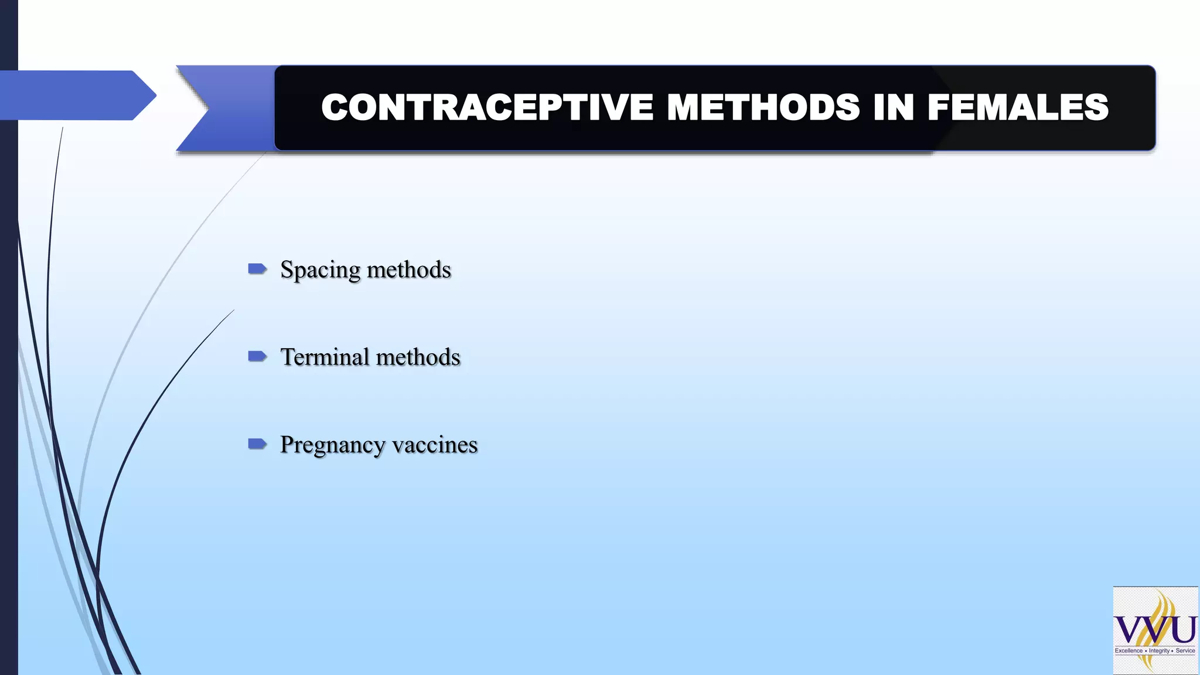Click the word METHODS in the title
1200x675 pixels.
(763, 108)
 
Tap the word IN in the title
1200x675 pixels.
(893, 108)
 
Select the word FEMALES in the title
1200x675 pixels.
(1018, 108)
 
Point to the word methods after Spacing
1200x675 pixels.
(409, 270)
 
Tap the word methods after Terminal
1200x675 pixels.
(418, 357)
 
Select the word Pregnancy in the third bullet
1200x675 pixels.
(332, 445)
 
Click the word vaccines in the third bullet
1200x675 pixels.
(435, 445)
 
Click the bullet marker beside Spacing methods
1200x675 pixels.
(257, 269)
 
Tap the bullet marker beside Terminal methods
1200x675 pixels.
(257, 356)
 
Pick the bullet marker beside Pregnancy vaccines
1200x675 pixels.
(257, 444)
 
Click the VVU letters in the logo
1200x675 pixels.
(1155, 630)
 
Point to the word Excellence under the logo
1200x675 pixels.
(1129, 651)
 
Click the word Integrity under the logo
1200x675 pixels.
(1159, 651)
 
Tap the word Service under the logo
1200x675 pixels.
(1185, 651)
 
